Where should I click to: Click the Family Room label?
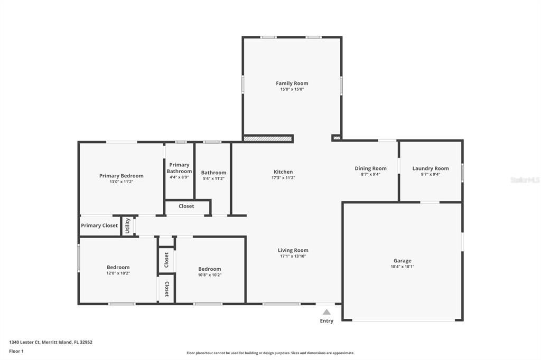(x=292, y=83)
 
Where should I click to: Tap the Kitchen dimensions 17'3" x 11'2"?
(x=283, y=178)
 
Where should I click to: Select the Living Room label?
(x=293, y=250)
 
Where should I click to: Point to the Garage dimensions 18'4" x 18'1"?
(x=402, y=267)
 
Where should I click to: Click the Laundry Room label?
(x=431, y=168)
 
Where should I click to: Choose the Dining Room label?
(x=370, y=168)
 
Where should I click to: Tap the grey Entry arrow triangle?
(x=327, y=312)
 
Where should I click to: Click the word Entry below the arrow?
(x=327, y=321)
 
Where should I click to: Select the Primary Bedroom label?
(x=121, y=176)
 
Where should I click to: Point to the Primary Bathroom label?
(x=179, y=168)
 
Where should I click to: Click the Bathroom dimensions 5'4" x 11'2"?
(x=213, y=178)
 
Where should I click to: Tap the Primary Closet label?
(x=99, y=225)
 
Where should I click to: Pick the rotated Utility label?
(x=127, y=225)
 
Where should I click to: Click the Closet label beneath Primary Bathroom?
(x=186, y=206)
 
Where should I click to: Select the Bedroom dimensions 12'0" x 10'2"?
(x=118, y=273)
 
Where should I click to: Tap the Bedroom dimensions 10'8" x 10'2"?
(x=209, y=275)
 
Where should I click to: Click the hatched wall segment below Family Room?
(x=268, y=139)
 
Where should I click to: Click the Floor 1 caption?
(x=16, y=352)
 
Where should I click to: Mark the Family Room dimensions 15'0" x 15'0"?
(x=292, y=89)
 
